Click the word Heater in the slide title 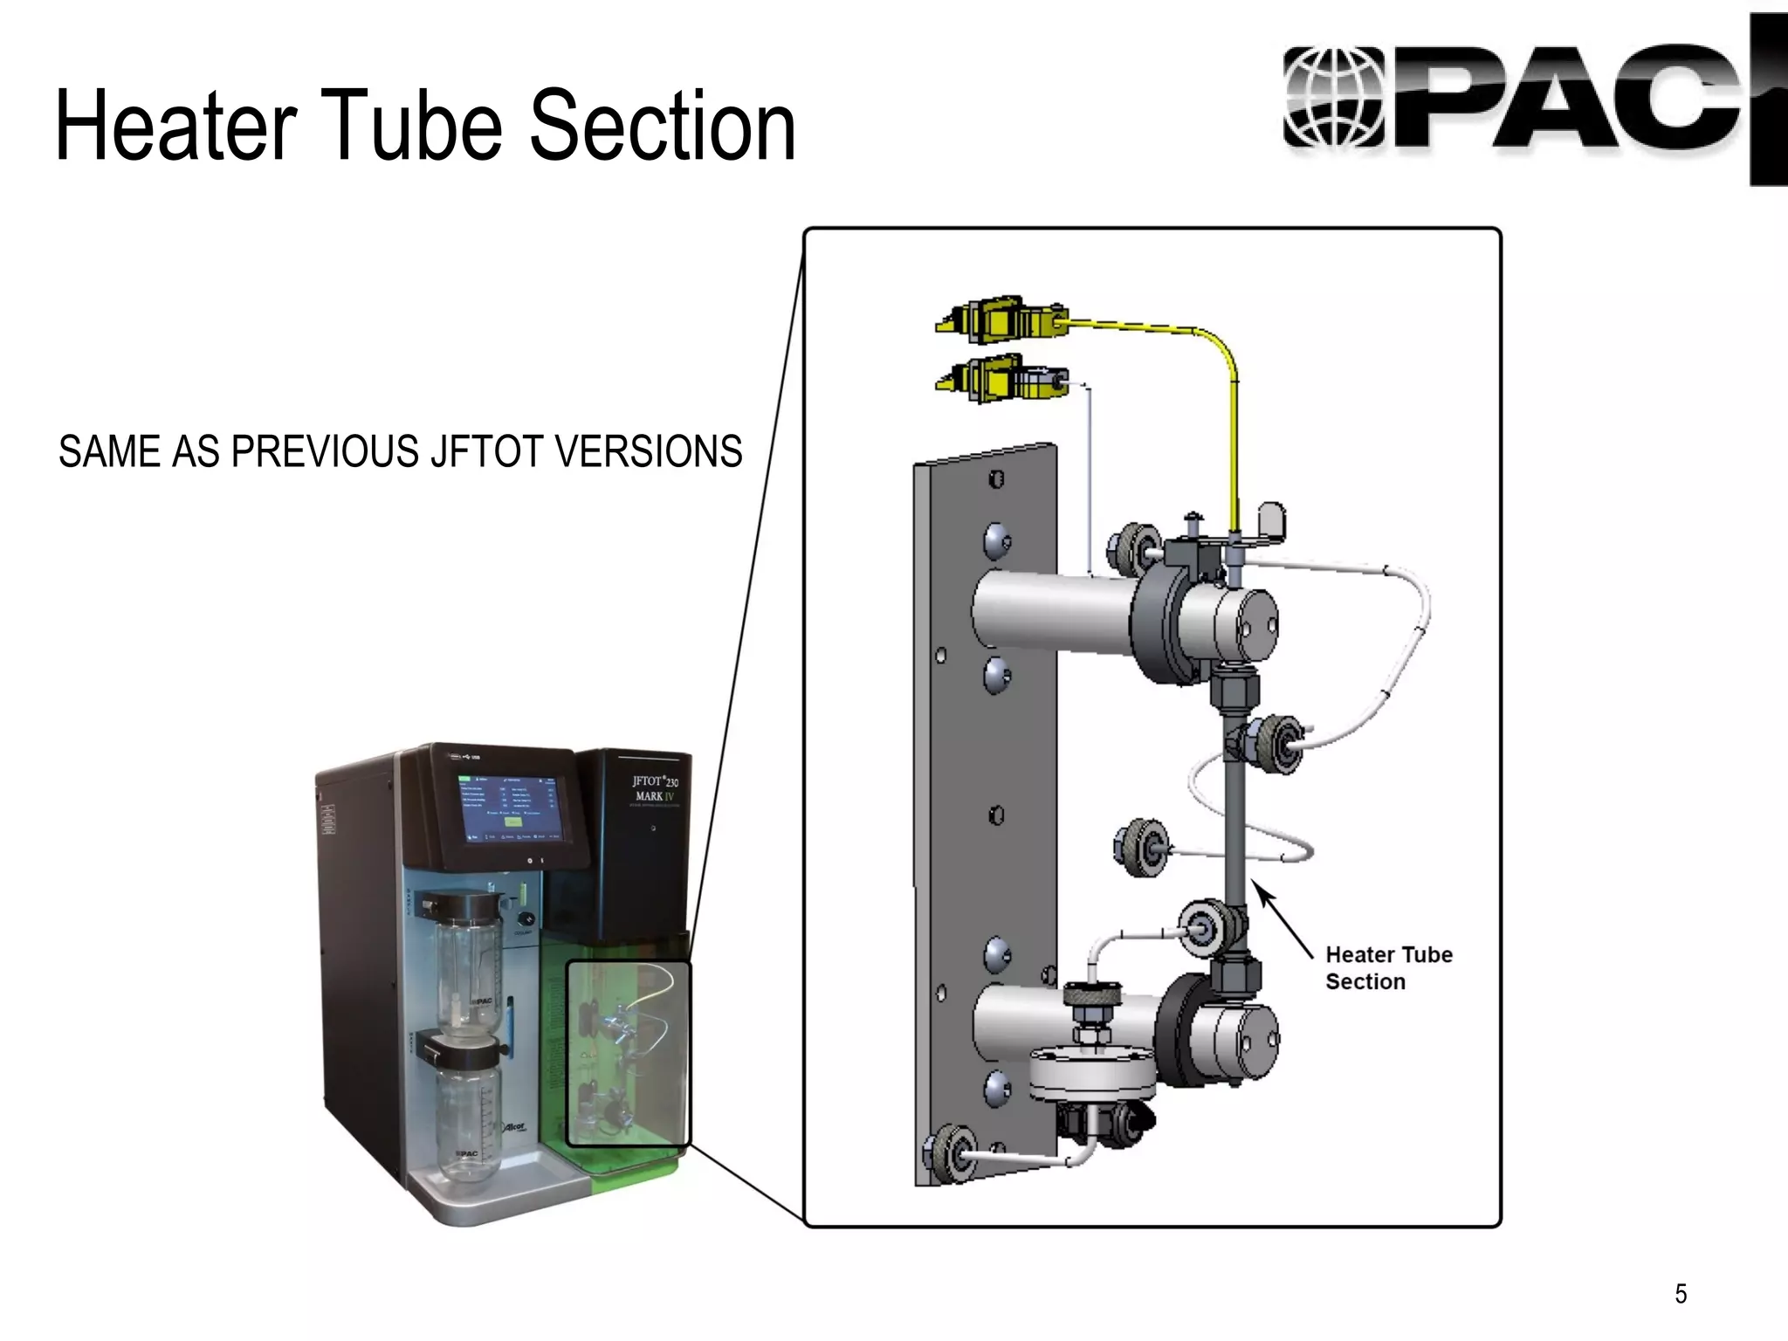[x=175, y=127]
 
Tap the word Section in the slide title [x=663, y=127]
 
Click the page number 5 [x=1681, y=1293]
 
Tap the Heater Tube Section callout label [x=1388, y=967]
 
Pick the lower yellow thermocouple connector [x=1000, y=380]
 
